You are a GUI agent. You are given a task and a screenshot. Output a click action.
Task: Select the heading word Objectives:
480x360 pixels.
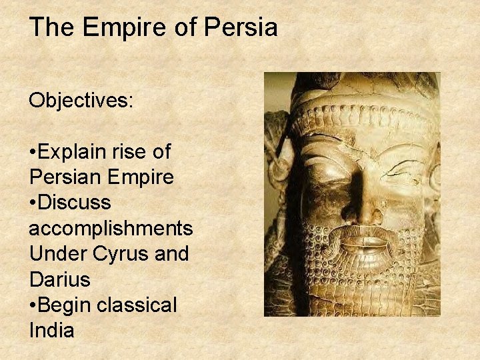pyautogui.click(x=81, y=100)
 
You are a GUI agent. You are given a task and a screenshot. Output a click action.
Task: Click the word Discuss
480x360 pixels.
pyautogui.click(x=75, y=203)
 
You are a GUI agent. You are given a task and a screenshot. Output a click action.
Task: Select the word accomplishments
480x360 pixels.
pyautogui.click(x=111, y=229)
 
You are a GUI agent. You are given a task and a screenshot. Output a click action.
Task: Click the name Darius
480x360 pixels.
pyautogui.click(x=59, y=279)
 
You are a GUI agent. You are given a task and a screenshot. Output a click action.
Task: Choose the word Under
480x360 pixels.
pyautogui.click(x=56, y=254)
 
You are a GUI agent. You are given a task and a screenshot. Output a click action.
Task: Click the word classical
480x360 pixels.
pyautogui.click(x=137, y=305)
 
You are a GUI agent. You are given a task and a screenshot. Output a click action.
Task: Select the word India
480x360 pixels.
pyautogui.click(x=51, y=330)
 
